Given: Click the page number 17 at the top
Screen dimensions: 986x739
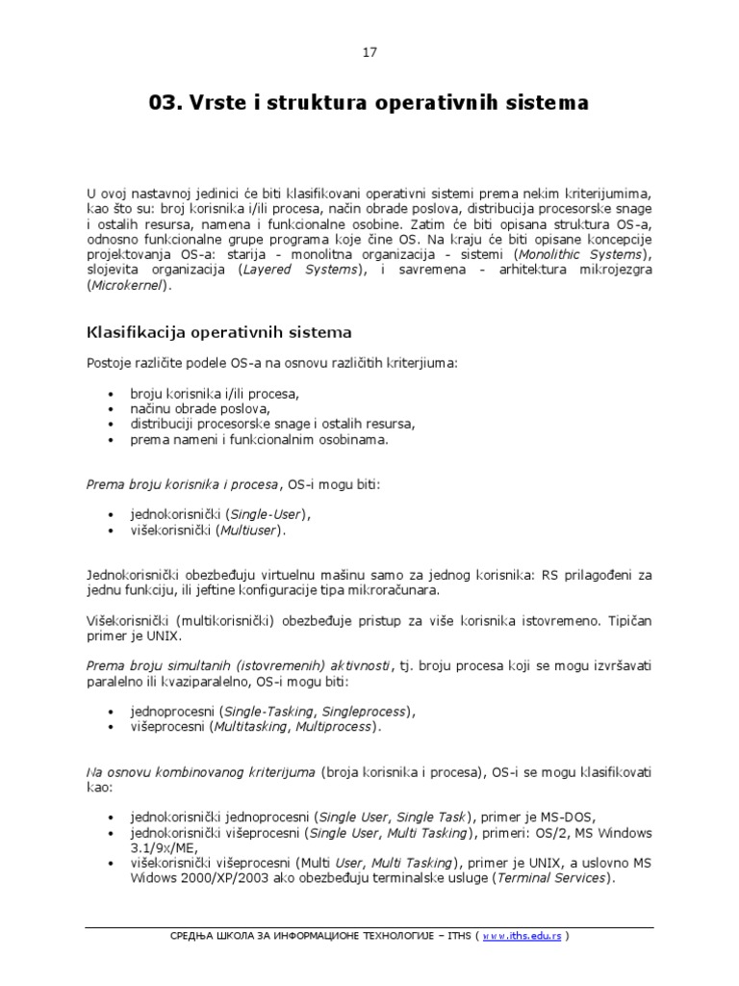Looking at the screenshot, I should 369,52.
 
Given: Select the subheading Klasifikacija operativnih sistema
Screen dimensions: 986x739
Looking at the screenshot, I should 219,332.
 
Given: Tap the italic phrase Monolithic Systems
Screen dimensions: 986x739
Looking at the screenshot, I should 582,254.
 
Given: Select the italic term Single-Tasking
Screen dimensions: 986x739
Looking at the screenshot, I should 254,711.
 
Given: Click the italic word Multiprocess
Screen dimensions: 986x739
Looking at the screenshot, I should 333,726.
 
